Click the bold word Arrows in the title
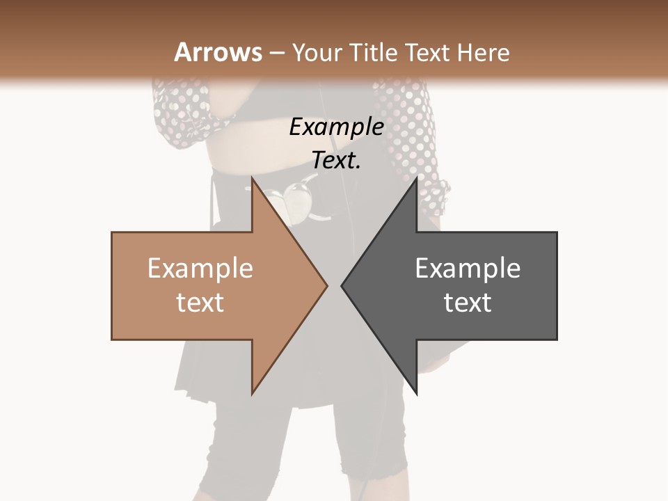tap(218, 52)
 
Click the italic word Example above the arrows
tap(336, 127)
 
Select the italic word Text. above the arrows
tap(336, 160)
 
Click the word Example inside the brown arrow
tap(200, 269)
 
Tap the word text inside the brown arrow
tap(200, 303)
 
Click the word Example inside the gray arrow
tap(468, 269)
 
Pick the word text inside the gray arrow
tap(468, 303)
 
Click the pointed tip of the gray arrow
tap(342, 285)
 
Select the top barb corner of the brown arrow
tap(253, 178)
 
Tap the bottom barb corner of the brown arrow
tap(253, 393)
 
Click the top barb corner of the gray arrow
tap(416, 178)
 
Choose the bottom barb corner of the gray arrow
tap(416, 393)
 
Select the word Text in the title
tap(424, 53)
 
